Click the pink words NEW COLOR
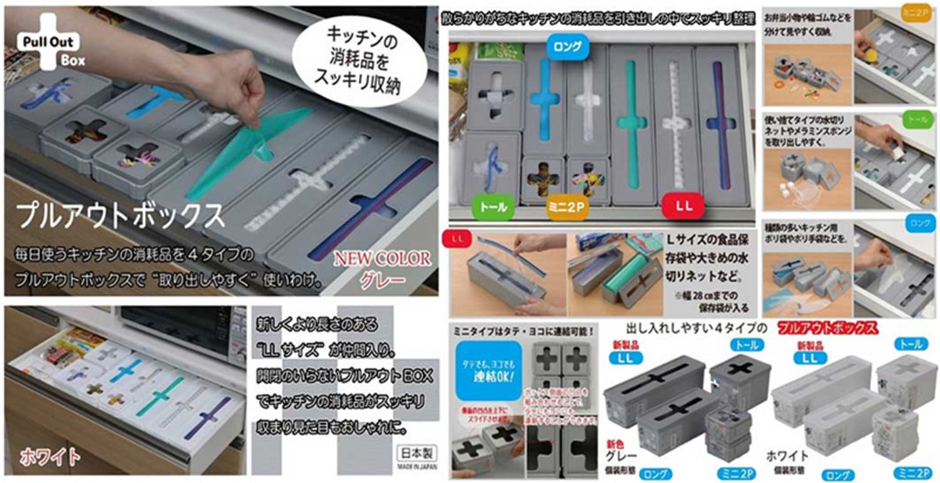382,258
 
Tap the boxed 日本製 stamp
417,453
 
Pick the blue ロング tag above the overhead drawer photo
568,46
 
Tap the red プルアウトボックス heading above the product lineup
827,327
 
